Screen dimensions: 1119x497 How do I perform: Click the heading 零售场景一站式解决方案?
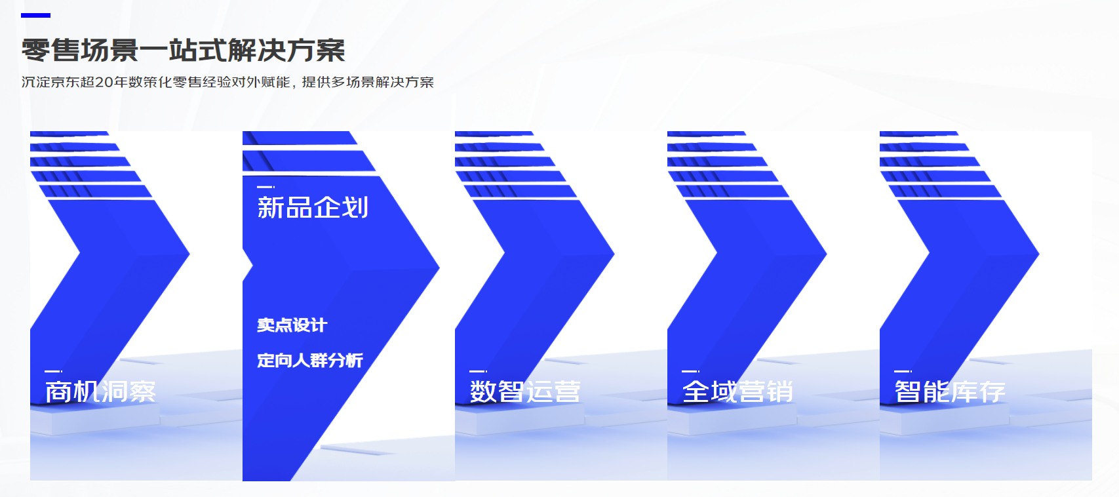183,50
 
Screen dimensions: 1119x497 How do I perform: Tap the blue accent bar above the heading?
35,16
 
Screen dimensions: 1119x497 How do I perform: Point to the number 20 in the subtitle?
104,82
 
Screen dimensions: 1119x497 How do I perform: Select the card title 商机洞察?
100,391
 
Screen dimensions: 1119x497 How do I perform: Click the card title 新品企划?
313,207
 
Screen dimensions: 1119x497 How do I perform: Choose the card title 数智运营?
525,391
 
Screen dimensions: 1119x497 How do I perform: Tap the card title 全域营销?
737,391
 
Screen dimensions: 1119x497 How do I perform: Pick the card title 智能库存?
950,391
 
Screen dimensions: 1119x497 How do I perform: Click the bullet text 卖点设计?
292,325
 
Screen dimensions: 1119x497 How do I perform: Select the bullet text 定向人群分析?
310,360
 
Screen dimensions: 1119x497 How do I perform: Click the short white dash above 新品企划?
265,187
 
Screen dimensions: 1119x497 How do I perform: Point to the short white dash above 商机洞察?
54,371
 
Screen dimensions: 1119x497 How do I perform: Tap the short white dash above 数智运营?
478,371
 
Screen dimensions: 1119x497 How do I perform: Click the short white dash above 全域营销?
690,371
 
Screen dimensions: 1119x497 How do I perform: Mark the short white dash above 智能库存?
903,371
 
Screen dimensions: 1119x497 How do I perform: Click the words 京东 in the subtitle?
65,82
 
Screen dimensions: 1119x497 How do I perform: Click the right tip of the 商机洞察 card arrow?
189,254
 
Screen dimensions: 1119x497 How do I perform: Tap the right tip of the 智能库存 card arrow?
1038,254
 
